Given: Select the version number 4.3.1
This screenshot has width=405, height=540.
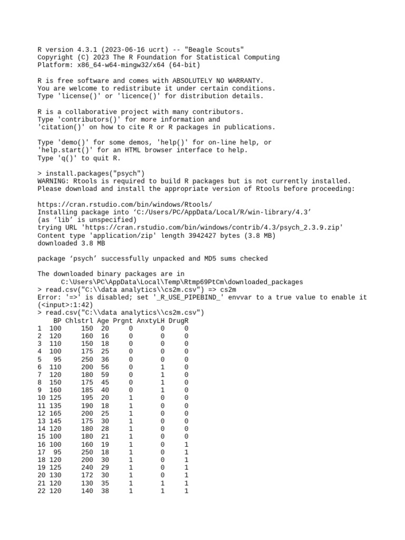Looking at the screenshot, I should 84,50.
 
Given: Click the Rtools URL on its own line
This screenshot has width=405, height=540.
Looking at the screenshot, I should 125,204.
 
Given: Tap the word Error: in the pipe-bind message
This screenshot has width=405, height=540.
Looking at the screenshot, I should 49,297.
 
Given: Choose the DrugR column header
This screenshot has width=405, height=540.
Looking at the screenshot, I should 179,321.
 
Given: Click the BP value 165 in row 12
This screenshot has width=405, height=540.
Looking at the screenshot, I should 55,413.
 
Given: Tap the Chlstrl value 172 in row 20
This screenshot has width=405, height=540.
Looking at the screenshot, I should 87,475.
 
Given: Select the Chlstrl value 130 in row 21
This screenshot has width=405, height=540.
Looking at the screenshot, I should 87,483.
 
